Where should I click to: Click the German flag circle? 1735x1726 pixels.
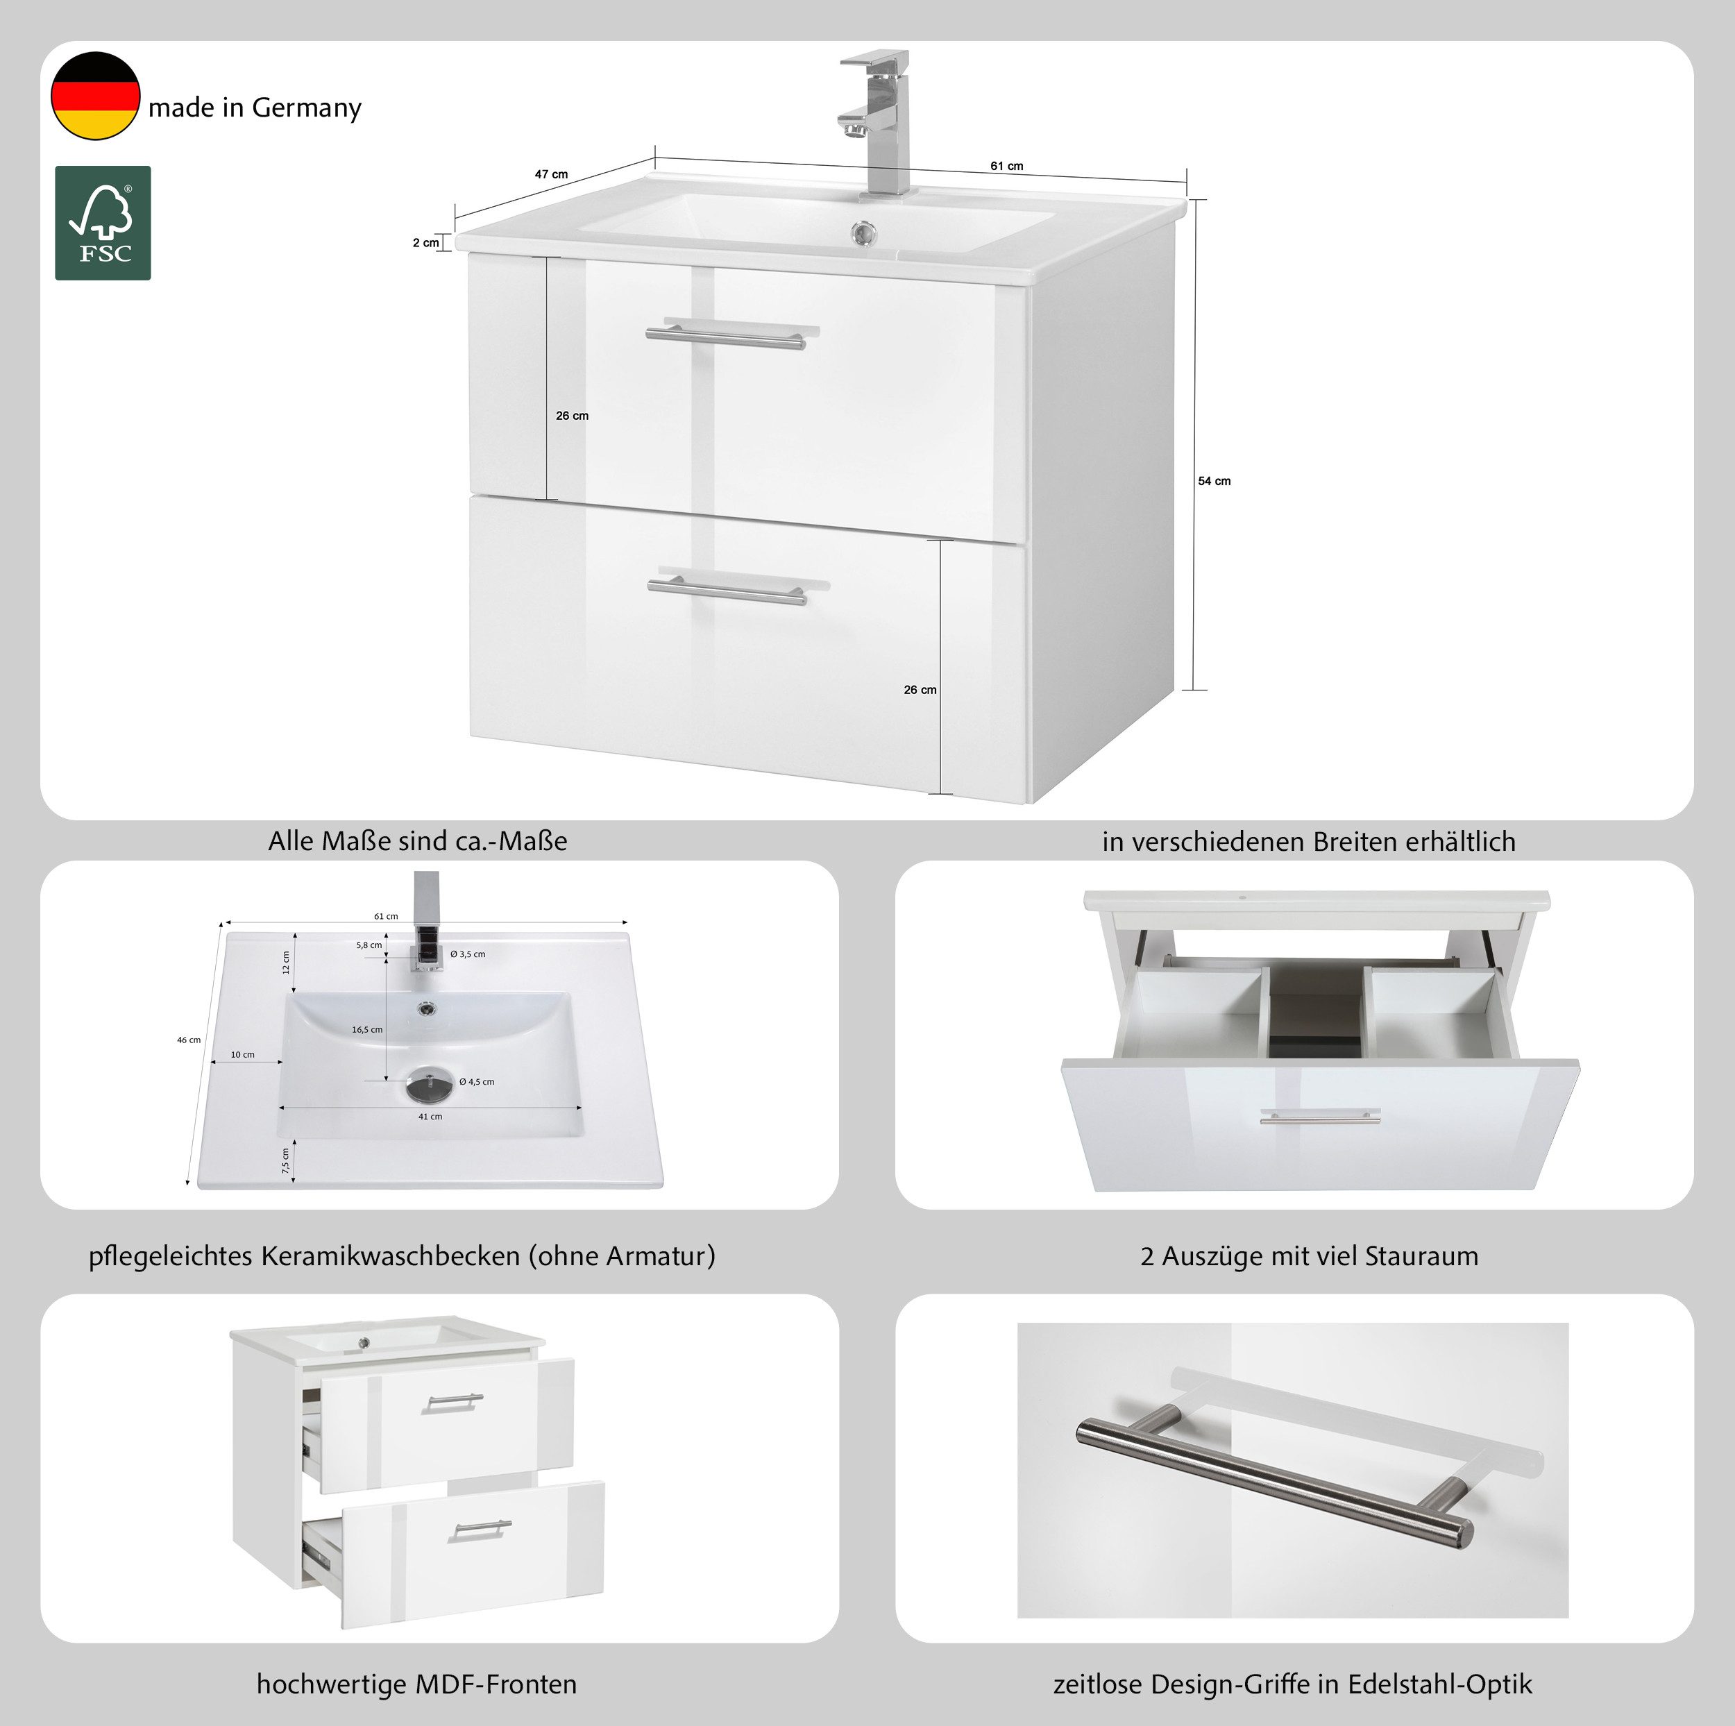(x=95, y=96)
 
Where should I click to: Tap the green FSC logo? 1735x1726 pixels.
(x=103, y=223)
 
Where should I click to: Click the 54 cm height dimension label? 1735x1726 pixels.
(x=1214, y=482)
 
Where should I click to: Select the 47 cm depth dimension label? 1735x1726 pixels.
(x=552, y=174)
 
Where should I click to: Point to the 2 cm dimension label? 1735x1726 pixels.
(x=425, y=242)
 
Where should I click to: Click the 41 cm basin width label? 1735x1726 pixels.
(x=430, y=1116)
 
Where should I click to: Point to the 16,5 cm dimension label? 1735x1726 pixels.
(x=367, y=1029)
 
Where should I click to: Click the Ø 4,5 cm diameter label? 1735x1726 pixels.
(x=477, y=1081)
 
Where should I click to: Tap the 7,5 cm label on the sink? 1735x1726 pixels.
(x=285, y=1161)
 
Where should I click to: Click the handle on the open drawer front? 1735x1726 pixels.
(x=1320, y=1116)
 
